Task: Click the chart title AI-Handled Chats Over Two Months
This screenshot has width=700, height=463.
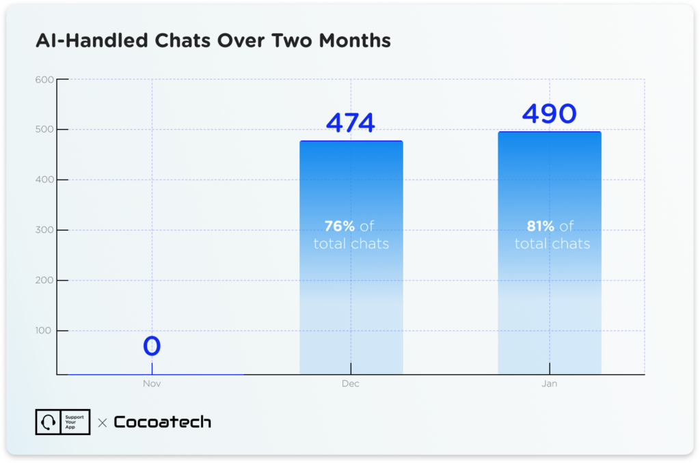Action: (213, 41)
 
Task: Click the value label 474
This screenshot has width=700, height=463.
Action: (351, 123)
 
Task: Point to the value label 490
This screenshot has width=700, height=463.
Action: (550, 113)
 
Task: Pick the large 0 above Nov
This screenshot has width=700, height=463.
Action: (152, 346)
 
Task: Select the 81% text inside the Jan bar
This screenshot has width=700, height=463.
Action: (539, 226)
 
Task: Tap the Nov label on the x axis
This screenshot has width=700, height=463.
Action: (152, 384)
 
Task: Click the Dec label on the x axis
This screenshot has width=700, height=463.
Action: (351, 384)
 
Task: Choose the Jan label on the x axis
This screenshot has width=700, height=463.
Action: (550, 384)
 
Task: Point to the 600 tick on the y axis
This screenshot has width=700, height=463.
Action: (44, 79)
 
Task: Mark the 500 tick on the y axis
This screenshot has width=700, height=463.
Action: (44, 129)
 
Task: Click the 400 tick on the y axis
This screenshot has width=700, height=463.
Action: (44, 180)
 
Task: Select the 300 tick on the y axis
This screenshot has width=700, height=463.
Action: (44, 230)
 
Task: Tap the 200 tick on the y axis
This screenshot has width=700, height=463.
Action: (44, 281)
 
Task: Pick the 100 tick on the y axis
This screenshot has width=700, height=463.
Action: (44, 331)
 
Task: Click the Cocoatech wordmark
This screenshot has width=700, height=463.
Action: (162, 422)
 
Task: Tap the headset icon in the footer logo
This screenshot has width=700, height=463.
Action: (49, 422)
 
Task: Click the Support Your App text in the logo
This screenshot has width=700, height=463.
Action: (75, 422)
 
